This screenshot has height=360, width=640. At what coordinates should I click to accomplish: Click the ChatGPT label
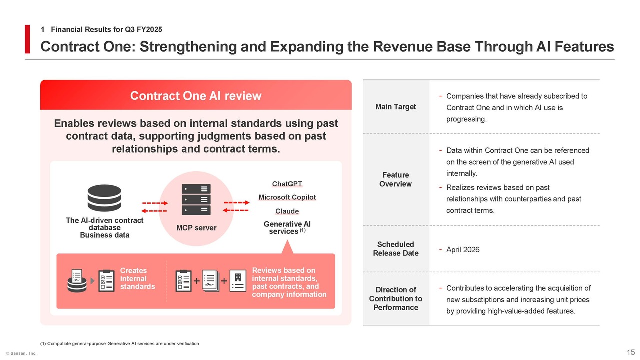pos(287,184)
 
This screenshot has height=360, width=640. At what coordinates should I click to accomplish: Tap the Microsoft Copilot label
pos(287,197)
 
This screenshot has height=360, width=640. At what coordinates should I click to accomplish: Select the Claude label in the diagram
pos(287,211)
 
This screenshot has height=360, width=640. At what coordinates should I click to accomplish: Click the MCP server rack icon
pos(196,199)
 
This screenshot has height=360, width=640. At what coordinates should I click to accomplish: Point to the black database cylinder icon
pos(104,198)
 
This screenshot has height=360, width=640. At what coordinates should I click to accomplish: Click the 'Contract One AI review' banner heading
pos(196,96)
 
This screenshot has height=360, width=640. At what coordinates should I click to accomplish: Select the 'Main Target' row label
pos(396,107)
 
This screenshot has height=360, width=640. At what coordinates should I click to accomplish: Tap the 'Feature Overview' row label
pos(396,179)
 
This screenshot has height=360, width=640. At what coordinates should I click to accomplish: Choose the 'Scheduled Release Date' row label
pos(396,248)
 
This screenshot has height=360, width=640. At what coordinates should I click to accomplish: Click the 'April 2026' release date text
pos(463,250)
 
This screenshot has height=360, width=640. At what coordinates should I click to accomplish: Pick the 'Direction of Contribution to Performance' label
pos(396,298)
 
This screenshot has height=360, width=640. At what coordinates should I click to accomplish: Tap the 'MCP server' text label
pos(196,228)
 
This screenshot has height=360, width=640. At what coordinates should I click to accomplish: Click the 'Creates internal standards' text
pos(137,279)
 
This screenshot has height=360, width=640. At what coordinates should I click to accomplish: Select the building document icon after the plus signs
pos(237,281)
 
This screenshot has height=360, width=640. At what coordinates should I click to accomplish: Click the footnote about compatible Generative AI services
pos(119,343)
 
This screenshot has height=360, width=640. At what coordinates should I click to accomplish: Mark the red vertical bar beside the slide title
pos(28,39)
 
